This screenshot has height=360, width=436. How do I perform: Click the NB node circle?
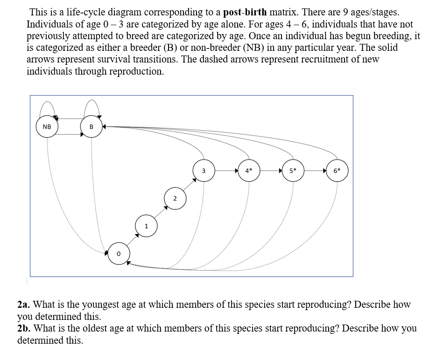[x=47, y=127]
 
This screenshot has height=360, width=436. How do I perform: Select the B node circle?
[x=91, y=127]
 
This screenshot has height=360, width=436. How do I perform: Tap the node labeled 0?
[x=119, y=254]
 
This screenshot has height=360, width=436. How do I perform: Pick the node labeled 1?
[x=146, y=227]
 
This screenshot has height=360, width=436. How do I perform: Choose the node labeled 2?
[x=175, y=199]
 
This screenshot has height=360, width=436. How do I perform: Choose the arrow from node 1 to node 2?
[x=161, y=213]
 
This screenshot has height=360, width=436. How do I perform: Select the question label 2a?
[x=24, y=305]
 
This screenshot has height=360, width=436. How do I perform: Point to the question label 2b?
[x=24, y=328]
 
